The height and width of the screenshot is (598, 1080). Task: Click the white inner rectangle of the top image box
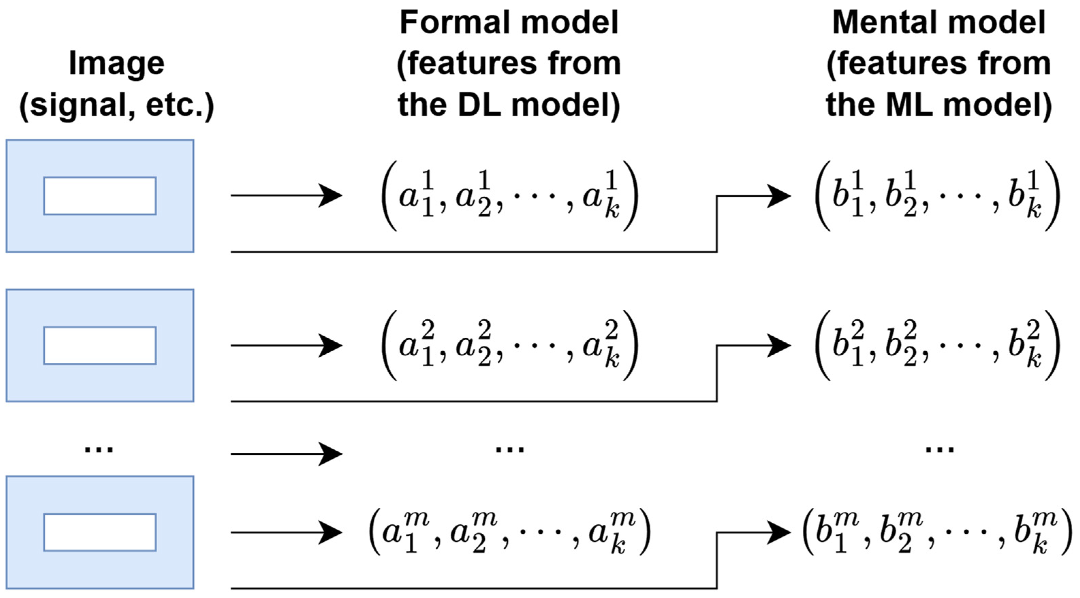coord(100,196)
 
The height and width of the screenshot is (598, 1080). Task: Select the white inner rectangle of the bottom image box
coord(100,532)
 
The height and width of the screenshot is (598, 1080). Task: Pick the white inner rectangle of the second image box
coord(100,345)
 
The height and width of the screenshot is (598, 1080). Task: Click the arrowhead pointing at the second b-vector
coord(779,346)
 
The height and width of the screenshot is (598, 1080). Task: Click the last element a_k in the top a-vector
coord(601,196)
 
